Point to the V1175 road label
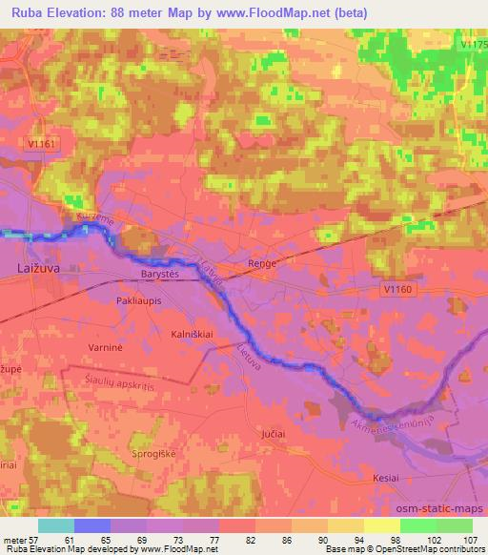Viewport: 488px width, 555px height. coord(473,44)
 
